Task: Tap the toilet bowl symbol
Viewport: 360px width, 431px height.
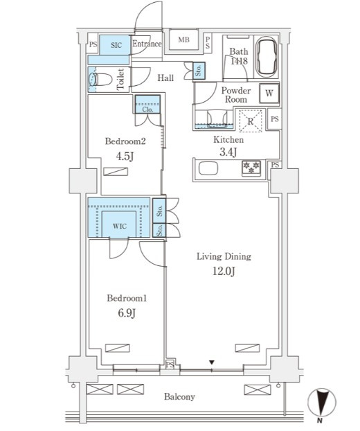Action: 100,80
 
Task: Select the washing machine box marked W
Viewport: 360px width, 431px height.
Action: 269,93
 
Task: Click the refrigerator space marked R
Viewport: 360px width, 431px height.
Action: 251,121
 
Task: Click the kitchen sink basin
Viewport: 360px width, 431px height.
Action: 208,168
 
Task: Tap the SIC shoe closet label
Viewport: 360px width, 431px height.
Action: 116,45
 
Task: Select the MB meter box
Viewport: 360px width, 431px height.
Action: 183,40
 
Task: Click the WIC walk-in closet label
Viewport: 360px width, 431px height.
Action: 120,226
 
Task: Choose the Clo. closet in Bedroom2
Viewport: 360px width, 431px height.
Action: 147,104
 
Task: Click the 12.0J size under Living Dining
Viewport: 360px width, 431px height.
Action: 224,272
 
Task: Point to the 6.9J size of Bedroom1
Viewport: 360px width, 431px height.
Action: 127,313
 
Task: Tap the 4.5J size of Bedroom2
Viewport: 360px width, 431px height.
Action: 125,157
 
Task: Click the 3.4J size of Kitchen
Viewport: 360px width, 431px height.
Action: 228,152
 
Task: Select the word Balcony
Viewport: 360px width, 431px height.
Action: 179,396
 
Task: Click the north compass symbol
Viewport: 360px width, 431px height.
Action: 321,403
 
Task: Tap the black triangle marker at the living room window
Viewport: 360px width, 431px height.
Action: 211,362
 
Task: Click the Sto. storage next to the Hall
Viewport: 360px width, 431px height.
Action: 199,71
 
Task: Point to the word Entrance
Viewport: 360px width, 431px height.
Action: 147,44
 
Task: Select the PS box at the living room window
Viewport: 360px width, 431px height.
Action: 170,364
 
